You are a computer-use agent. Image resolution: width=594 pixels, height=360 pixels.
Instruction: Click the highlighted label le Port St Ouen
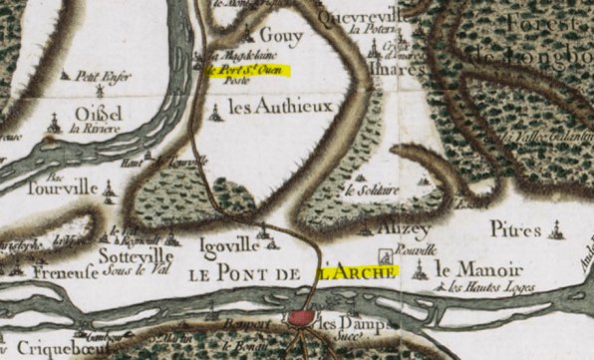point(245,71)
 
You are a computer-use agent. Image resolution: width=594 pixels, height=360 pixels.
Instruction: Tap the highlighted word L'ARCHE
point(357,269)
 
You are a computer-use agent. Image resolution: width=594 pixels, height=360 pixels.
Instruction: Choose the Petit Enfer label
point(97,74)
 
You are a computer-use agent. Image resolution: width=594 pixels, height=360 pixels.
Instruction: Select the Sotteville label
point(137,255)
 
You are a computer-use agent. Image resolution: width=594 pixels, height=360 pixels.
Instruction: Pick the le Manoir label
point(478,268)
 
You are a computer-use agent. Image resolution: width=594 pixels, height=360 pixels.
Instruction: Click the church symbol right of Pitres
point(555,232)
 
